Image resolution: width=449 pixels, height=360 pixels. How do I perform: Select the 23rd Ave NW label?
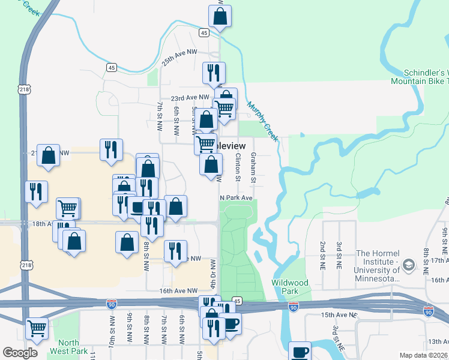[190, 98]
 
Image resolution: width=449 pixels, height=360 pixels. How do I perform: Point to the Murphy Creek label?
[263, 120]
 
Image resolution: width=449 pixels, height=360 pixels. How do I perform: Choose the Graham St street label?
[253, 168]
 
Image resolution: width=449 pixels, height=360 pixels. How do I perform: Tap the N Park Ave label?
[236, 197]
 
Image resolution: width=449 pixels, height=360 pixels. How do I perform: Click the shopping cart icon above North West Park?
[37, 328]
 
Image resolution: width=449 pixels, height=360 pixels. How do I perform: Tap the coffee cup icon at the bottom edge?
[300, 352]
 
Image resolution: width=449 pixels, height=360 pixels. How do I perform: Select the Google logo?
[20, 353]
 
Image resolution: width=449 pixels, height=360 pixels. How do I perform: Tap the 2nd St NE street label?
[322, 252]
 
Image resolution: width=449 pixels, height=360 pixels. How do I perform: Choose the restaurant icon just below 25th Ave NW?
[214, 73]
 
